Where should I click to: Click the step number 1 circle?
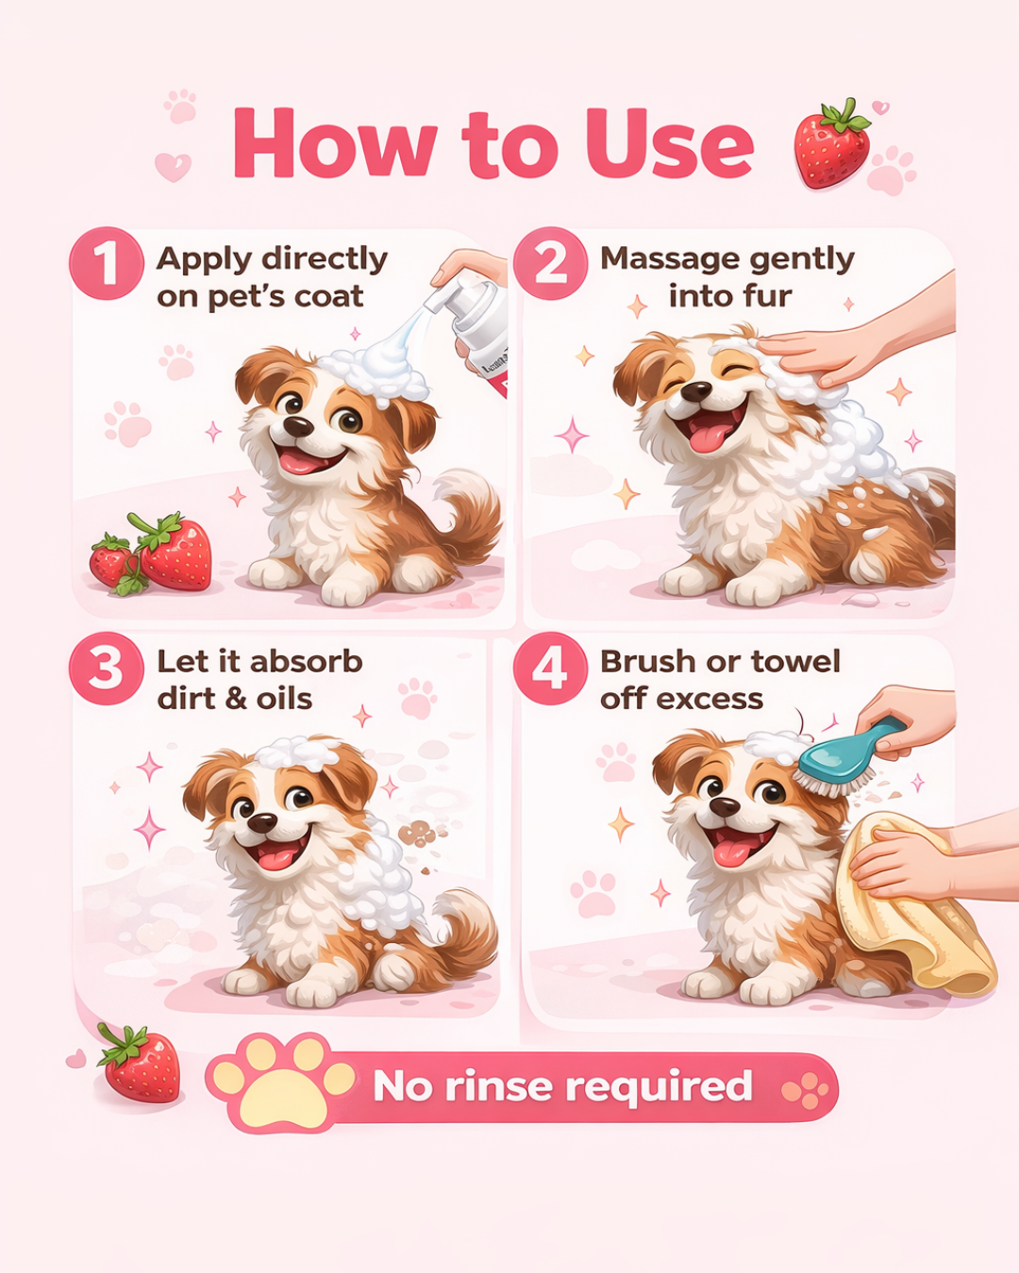106,263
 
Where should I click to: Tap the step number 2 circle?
550,263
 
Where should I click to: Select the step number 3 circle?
106,668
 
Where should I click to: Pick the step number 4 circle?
550,668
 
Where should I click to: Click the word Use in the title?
669,144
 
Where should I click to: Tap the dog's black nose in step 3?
261,822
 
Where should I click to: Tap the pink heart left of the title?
173,167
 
